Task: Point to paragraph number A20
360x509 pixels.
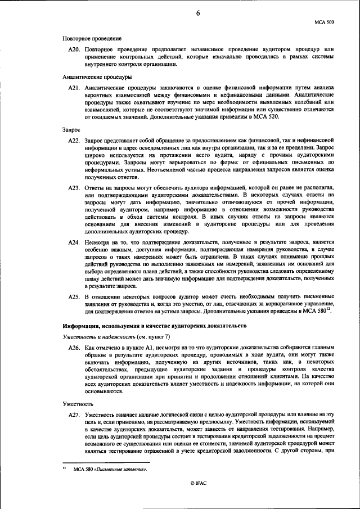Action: tap(74, 49)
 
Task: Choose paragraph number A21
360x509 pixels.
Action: tap(74, 88)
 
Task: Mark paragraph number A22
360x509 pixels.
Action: tap(74, 139)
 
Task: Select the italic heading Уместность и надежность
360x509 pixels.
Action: tap(97, 336)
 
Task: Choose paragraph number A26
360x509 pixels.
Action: tap(74, 348)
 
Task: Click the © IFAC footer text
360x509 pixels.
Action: tap(198, 498)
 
